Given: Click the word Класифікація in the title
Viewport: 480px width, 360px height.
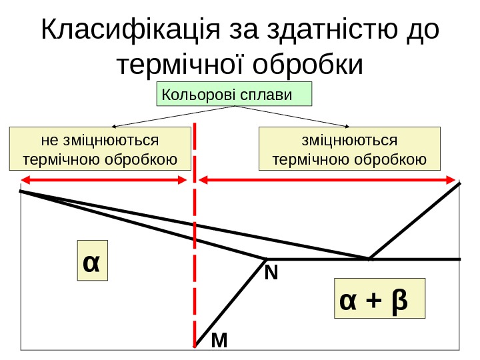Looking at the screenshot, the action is click(131, 31).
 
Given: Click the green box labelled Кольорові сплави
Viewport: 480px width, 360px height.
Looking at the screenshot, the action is click(234, 95).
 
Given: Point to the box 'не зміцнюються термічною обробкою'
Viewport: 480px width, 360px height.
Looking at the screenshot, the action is click(99, 150).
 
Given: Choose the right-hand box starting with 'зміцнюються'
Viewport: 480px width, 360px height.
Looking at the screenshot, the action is click(350, 150).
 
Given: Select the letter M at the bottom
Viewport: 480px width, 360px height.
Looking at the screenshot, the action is click(219, 341).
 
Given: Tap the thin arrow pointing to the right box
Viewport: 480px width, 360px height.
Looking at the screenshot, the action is click(293, 116).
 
